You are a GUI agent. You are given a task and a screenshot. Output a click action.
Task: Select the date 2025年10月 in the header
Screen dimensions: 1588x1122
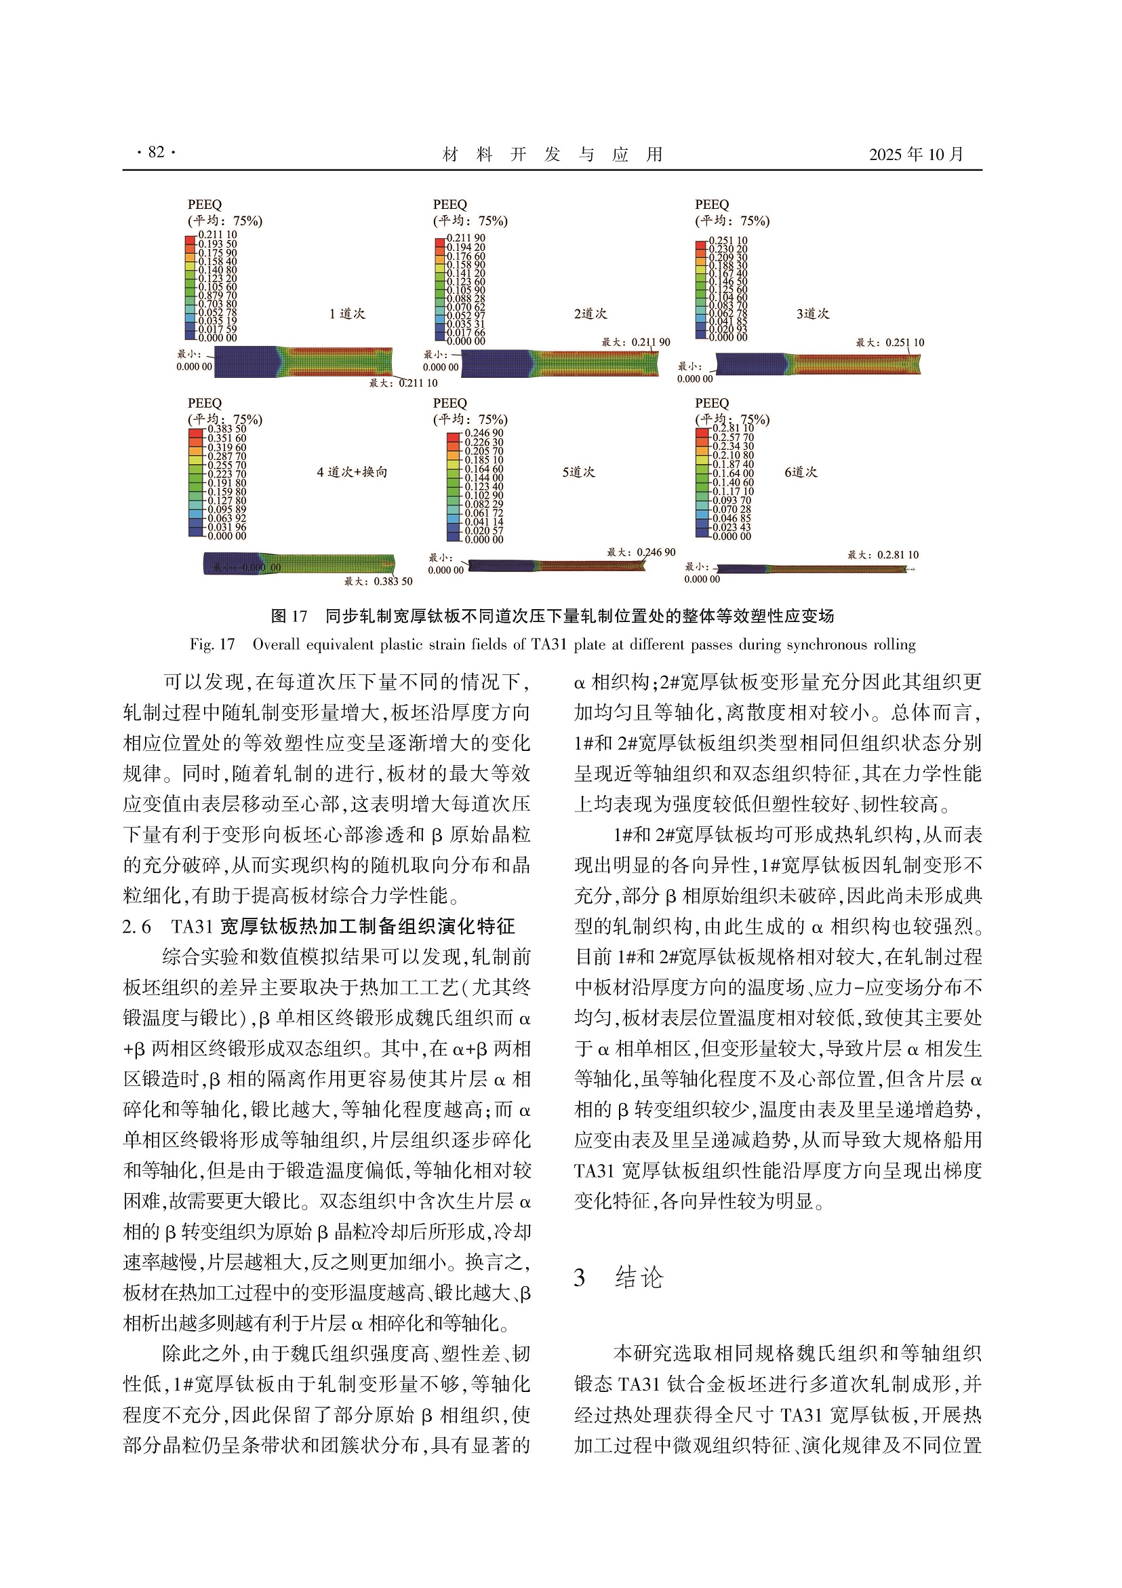coord(916,154)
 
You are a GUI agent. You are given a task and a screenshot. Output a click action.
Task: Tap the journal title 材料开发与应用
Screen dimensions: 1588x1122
coord(553,154)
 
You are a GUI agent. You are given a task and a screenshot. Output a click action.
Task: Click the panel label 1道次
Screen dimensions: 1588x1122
coord(347,314)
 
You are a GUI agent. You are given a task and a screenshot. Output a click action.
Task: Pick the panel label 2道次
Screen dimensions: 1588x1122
coord(590,314)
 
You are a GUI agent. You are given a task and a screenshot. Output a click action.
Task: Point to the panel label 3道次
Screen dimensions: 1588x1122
coord(812,314)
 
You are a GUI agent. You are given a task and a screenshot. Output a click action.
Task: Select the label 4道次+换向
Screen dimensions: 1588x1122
coord(352,472)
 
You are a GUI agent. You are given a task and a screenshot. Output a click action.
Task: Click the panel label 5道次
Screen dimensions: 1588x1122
coord(579,472)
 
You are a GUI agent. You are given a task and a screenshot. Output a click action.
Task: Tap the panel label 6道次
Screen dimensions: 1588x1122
coord(801,472)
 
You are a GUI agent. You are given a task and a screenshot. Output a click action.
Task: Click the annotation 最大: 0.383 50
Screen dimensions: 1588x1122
coord(378,581)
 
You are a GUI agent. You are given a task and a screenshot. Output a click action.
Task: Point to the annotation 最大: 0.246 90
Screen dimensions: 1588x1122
coord(641,553)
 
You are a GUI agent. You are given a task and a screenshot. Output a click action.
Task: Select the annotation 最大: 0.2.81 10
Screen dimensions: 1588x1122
coord(883,555)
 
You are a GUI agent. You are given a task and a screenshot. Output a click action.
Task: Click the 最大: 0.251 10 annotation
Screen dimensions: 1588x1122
coord(889,343)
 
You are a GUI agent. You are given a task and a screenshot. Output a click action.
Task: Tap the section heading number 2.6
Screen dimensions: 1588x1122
coord(136,927)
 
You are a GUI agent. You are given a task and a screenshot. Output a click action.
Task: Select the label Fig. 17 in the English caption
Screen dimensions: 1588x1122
coord(212,644)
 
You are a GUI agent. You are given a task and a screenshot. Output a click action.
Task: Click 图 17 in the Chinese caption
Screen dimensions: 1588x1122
coord(289,616)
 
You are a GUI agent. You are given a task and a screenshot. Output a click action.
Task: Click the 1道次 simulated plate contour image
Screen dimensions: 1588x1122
coord(304,362)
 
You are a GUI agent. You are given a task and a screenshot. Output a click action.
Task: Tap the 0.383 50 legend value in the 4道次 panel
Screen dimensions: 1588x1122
coord(226,429)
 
